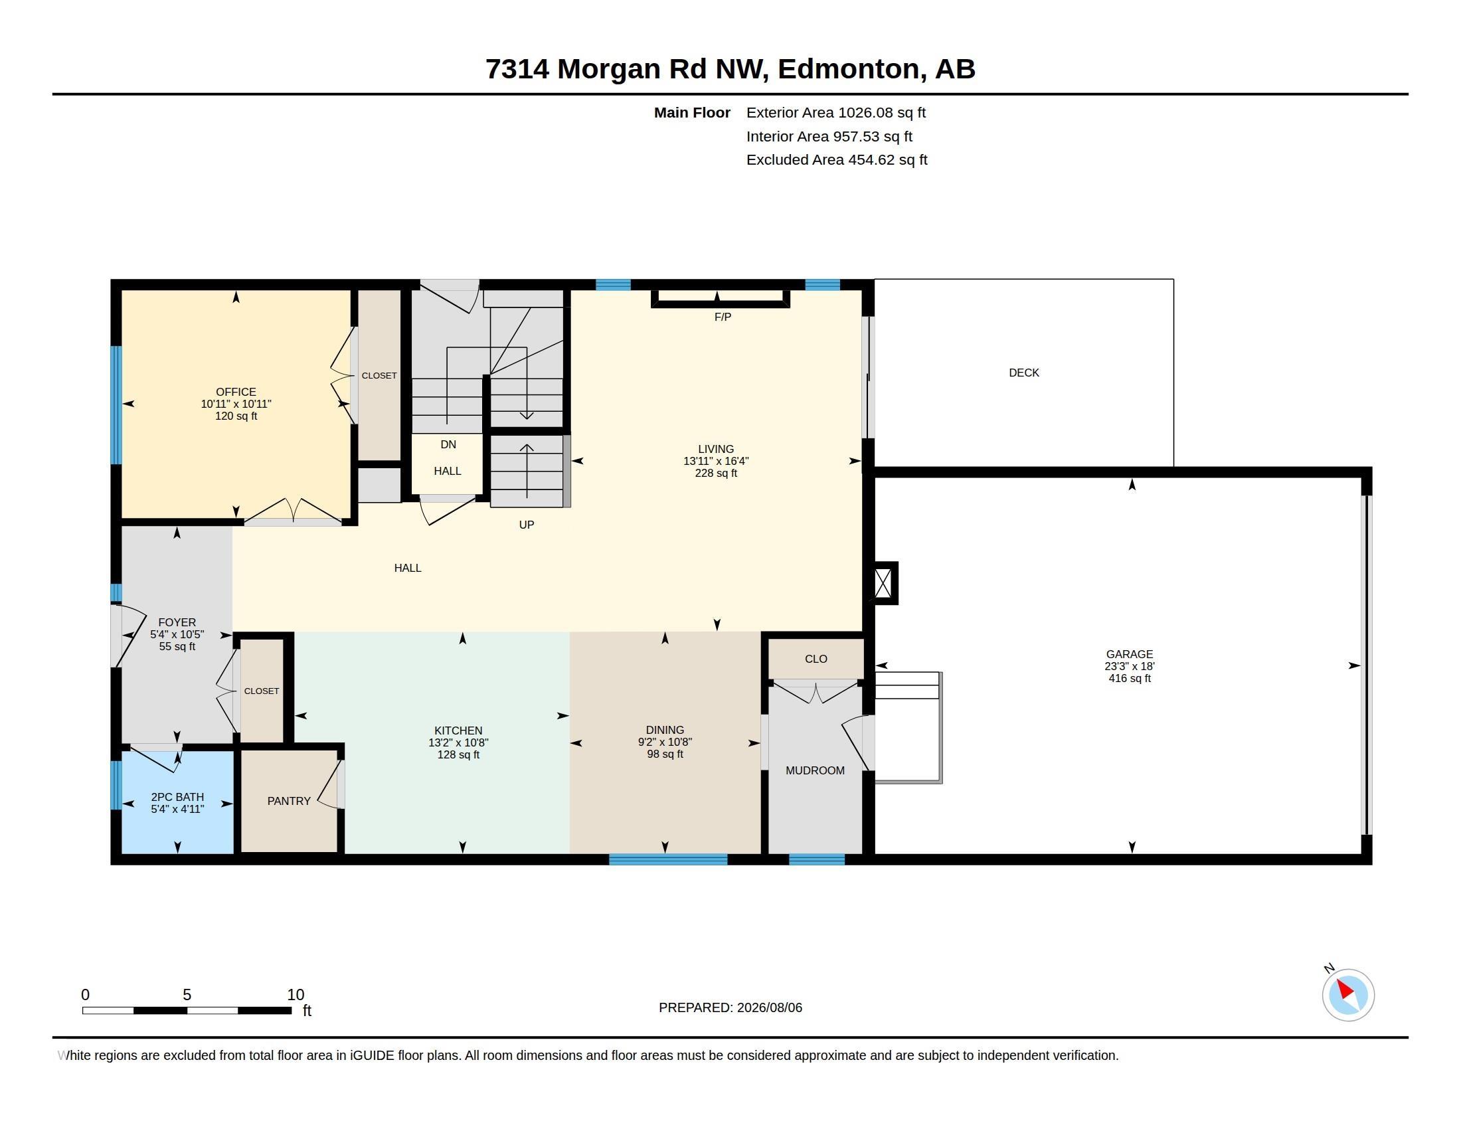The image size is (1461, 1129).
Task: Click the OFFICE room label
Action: (x=236, y=392)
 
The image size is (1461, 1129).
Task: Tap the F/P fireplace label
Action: (x=723, y=317)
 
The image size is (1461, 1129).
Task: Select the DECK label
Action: (x=1023, y=373)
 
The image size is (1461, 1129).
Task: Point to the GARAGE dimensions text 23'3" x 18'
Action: (x=1129, y=666)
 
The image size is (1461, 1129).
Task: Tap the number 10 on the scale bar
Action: (x=296, y=995)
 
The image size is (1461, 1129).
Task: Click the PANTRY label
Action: (x=289, y=801)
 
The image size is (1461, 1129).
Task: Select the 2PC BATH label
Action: (x=177, y=796)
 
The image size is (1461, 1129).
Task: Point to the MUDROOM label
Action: (x=815, y=770)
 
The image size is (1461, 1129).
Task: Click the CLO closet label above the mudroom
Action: (x=816, y=659)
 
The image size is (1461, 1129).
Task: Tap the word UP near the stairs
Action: (x=527, y=525)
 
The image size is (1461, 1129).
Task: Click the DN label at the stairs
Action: (x=448, y=445)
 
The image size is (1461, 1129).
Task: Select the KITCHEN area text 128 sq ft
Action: (x=458, y=754)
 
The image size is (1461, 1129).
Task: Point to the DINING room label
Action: (x=665, y=730)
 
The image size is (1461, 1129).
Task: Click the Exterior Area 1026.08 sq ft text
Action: (x=836, y=112)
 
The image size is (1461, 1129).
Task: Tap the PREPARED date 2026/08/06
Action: (x=769, y=1007)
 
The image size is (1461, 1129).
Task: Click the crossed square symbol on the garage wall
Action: (x=883, y=583)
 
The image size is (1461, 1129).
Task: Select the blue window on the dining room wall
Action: (x=668, y=859)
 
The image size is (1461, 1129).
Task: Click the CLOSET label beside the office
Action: (x=379, y=376)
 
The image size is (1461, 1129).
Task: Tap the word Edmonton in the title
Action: (x=848, y=69)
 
